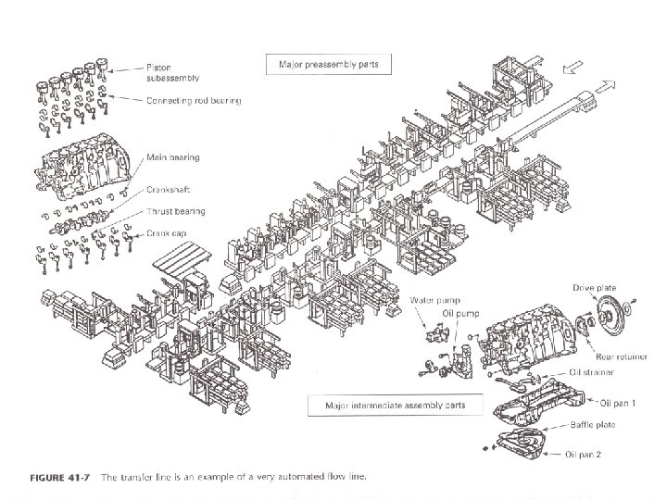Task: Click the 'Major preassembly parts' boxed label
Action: [329, 66]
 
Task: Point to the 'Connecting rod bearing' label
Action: [193, 100]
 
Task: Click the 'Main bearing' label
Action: [171, 158]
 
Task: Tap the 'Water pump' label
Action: [433, 300]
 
